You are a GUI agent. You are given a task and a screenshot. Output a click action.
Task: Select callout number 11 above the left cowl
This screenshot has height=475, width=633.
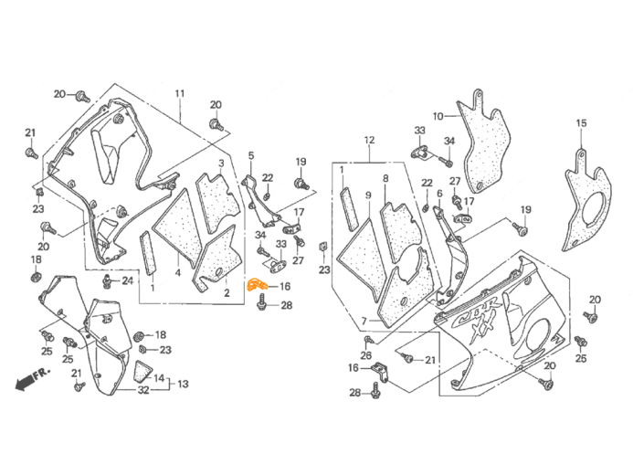click(180, 94)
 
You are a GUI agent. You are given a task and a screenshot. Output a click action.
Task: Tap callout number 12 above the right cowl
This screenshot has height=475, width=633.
click(369, 140)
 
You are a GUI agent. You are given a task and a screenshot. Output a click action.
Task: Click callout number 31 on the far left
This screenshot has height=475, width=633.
click(29, 134)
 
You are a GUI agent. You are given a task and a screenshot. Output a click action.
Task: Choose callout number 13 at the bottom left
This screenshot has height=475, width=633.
click(183, 385)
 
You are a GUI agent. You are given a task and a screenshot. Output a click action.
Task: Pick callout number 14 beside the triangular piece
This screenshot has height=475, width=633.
click(160, 377)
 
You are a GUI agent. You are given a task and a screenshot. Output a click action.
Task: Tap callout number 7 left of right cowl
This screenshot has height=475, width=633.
click(363, 322)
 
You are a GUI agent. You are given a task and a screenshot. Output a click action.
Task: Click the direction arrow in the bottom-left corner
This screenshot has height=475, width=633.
click(29, 377)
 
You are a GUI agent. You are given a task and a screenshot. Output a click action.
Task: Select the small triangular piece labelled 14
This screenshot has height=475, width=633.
click(141, 370)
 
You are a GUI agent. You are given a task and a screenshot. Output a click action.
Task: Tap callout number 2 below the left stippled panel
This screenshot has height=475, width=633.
click(222, 294)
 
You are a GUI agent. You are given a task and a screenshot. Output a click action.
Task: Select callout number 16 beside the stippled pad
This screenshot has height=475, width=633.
click(438, 117)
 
